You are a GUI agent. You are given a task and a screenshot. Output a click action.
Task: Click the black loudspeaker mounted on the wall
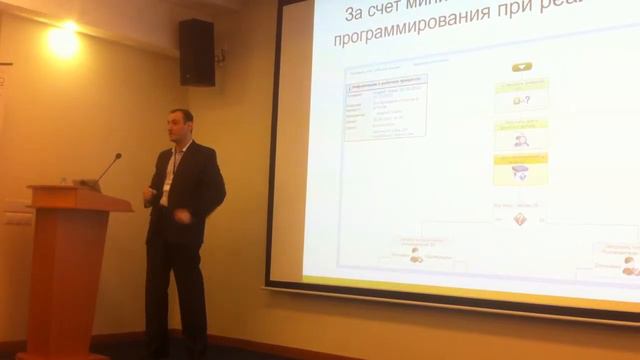[x=197, y=52]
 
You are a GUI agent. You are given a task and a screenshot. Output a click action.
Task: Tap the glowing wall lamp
[x=62, y=40]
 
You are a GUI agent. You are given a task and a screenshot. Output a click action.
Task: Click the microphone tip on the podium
[x=117, y=156]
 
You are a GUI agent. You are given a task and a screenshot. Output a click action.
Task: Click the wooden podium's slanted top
[x=80, y=197]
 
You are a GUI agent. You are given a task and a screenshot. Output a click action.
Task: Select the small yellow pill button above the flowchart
[x=520, y=67]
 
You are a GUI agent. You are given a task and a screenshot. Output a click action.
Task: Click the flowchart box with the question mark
[x=520, y=98]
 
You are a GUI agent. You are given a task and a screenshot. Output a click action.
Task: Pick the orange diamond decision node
[x=520, y=219]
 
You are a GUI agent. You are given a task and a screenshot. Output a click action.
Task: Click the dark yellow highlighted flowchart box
[x=520, y=169]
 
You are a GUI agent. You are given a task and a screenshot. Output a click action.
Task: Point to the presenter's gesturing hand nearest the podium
[x=150, y=191]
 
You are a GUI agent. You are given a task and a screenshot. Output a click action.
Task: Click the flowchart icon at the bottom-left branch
[x=416, y=256]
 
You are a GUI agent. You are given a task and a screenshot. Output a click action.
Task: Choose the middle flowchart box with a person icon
[x=520, y=136]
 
